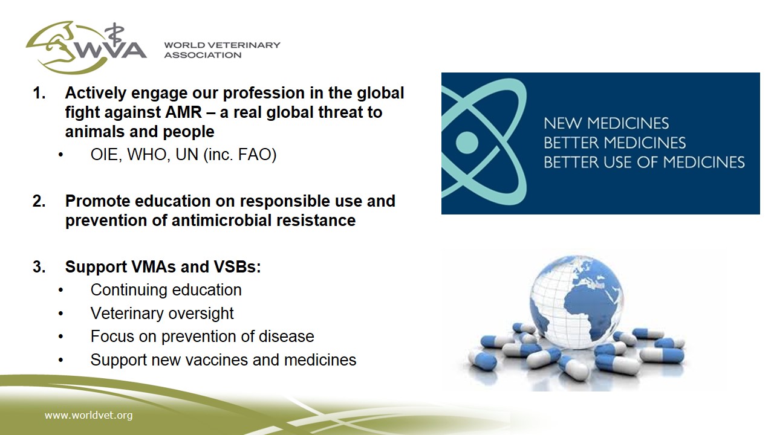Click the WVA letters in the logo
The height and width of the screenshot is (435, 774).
pyautogui.click(x=111, y=50)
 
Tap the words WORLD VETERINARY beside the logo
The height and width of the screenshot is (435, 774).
pyautogui.click(x=222, y=45)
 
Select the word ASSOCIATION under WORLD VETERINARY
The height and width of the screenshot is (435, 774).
pyautogui.click(x=203, y=55)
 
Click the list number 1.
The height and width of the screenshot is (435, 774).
pyautogui.click(x=39, y=93)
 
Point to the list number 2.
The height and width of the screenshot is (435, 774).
pyautogui.click(x=39, y=201)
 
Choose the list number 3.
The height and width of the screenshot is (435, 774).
pyautogui.click(x=39, y=267)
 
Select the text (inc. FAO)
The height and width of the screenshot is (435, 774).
pyautogui.click(x=240, y=155)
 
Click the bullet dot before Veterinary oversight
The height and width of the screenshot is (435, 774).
pyautogui.click(x=61, y=314)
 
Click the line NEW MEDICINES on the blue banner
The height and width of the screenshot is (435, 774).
pyautogui.click(x=607, y=123)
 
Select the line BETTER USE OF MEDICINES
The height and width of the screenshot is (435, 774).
pyautogui.click(x=645, y=163)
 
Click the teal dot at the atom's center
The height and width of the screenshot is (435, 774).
pyautogui.click(x=467, y=142)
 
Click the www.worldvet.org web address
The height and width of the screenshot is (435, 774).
pyautogui.click(x=88, y=415)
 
